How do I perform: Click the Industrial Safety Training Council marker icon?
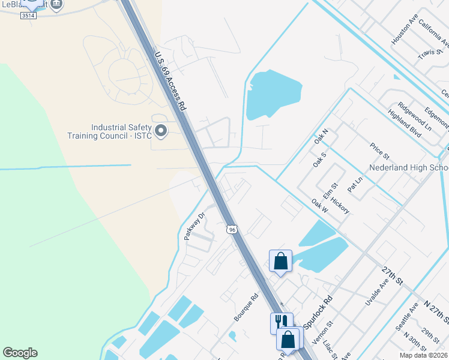pyautogui.click(x=161, y=130)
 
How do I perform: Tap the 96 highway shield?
pyautogui.click(x=232, y=229)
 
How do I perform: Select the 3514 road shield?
pyautogui.click(x=28, y=15)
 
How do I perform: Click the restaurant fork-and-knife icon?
pyautogui.click(x=279, y=322)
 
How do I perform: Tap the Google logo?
pyautogui.click(x=20, y=353)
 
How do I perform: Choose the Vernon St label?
pyautogui.click(x=326, y=331)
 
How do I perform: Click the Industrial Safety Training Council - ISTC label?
pyautogui.click(x=120, y=131)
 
